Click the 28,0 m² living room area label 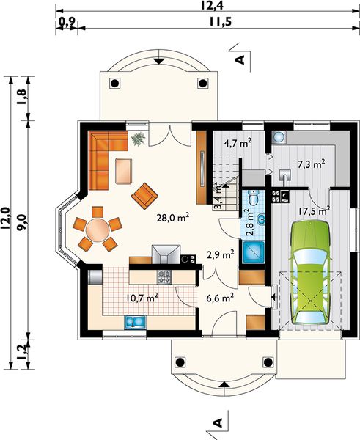[x=173, y=218]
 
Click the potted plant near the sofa [x=138, y=139]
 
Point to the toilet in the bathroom [x=254, y=198]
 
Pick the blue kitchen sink [x=135, y=322]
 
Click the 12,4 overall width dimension [x=212, y=5]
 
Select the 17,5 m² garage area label [x=314, y=211]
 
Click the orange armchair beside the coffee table [x=144, y=196]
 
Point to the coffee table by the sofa [x=123, y=171]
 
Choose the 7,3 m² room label [x=311, y=164]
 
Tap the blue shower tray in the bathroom [x=254, y=252]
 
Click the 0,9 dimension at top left [x=66, y=21]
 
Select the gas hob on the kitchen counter [x=164, y=276]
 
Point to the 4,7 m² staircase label [x=238, y=143]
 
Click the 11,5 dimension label [x=221, y=21]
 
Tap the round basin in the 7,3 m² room [x=279, y=137]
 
